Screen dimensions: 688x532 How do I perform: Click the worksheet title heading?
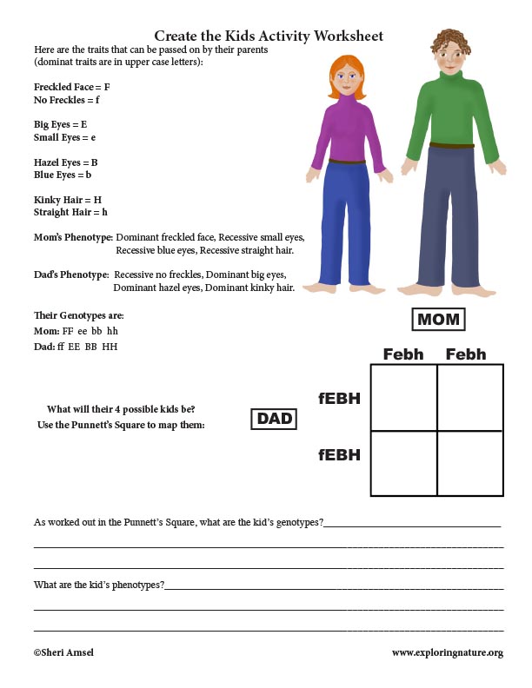click(x=269, y=36)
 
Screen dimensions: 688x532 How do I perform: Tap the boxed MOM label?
click(x=438, y=320)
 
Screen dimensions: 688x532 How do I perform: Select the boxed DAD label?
click(x=274, y=420)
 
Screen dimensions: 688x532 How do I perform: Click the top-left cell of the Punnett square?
click(x=403, y=397)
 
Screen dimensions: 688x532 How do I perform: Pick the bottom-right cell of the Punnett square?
click(x=470, y=463)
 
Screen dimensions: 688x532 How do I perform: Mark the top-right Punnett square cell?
click(x=470, y=397)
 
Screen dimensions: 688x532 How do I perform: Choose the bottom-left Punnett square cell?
click(x=403, y=463)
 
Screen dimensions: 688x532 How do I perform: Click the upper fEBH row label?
click(x=339, y=399)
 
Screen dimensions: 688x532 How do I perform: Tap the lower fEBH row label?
click(x=339, y=454)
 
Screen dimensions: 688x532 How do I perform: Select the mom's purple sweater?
click(x=347, y=130)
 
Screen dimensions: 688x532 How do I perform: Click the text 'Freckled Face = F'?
click(x=71, y=87)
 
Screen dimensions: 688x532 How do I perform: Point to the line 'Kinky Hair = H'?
click(x=68, y=200)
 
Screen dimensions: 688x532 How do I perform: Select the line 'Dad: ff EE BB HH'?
click(x=76, y=347)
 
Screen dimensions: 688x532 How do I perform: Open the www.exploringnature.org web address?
click(x=447, y=652)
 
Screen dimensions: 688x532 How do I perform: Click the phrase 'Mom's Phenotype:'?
click(x=73, y=237)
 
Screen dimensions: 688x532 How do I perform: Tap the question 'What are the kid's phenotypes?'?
click(x=98, y=585)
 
